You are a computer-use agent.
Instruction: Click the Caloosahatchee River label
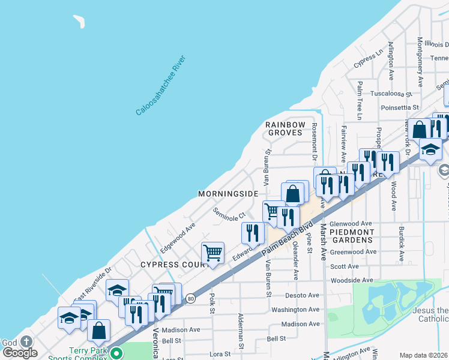click(161, 85)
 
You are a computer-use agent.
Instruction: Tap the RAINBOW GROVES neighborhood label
click(286, 128)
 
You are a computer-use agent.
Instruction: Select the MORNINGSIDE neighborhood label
click(228, 194)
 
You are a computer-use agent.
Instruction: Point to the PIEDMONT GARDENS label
click(352, 236)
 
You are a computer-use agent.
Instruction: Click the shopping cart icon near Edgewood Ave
click(212, 253)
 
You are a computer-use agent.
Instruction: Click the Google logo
click(20, 353)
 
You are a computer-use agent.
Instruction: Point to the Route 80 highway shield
click(190, 298)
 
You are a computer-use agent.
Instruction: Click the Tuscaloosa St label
click(391, 94)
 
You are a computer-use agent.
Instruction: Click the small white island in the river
click(79, 22)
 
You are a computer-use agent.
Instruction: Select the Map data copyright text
click(424, 355)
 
